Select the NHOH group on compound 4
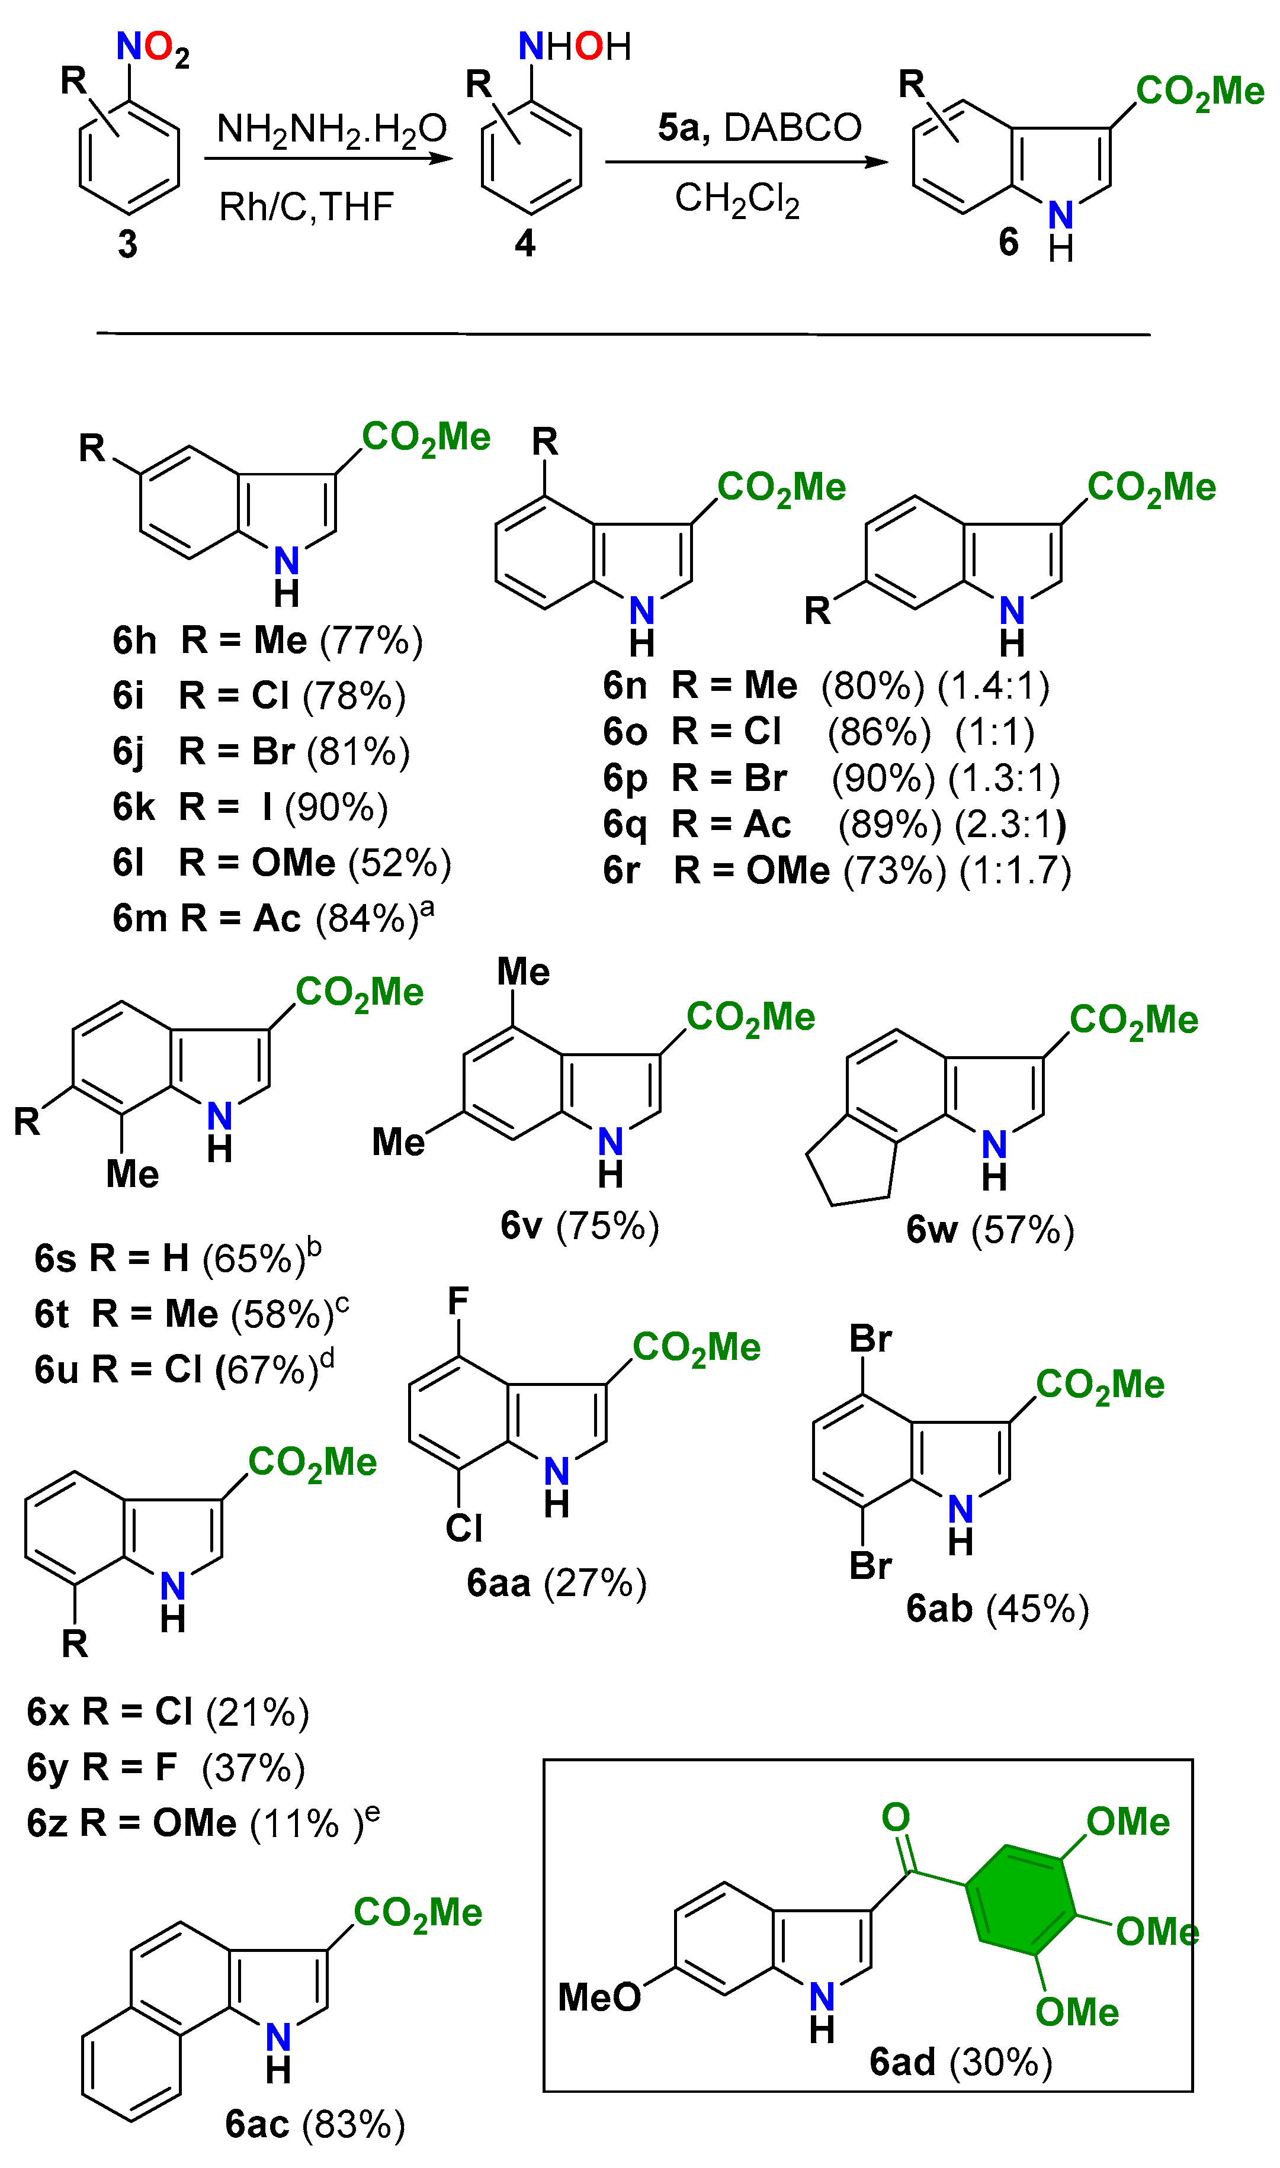click(x=575, y=47)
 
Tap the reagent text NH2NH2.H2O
click(x=331, y=129)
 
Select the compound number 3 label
click(x=128, y=245)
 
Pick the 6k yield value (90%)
click(x=336, y=808)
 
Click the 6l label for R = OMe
click(x=129, y=863)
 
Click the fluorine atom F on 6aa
click(x=458, y=1301)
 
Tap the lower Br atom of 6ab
click(x=870, y=1565)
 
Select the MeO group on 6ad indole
click(x=599, y=1997)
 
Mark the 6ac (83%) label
click(x=315, y=2124)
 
